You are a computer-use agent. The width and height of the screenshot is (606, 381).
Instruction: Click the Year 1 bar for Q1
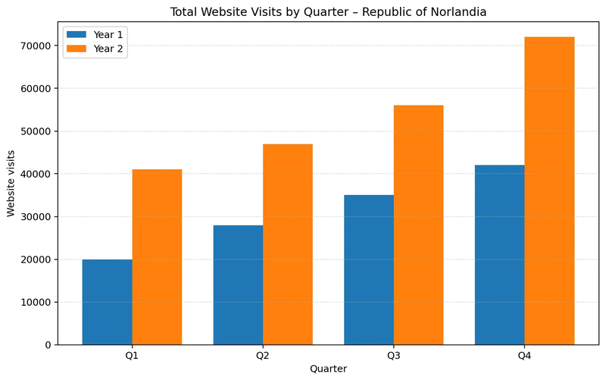point(107,302)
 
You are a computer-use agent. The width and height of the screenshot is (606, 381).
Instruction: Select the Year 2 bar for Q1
point(157,257)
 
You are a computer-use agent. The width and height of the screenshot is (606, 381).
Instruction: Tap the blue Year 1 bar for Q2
point(238,285)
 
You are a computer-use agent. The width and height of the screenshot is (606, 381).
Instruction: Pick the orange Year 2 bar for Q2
point(288,244)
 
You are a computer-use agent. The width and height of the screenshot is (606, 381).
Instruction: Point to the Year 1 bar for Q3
point(369,269)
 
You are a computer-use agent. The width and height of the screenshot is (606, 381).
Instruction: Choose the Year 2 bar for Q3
point(418,225)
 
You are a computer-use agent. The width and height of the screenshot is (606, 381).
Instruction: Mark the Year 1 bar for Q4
point(499,255)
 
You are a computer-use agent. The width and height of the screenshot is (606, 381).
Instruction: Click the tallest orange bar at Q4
point(549,190)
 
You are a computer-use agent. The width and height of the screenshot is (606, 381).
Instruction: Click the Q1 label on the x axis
point(132,355)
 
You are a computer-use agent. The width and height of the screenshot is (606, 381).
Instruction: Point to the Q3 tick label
point(393,355)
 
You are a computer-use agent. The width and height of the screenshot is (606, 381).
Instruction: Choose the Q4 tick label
point(524,355)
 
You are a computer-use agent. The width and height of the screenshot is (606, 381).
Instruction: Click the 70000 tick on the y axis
point(35,46)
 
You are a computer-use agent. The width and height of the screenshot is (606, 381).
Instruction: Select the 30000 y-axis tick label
point(35,216)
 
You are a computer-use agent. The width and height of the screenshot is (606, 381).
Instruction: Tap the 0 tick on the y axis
point(47,345)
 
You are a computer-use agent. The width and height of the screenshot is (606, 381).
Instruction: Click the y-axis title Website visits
point(11,183)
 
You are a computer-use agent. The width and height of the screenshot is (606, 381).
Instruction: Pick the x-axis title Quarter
point(328,369)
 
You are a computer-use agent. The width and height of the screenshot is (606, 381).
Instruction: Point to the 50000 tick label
point(35,131)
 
